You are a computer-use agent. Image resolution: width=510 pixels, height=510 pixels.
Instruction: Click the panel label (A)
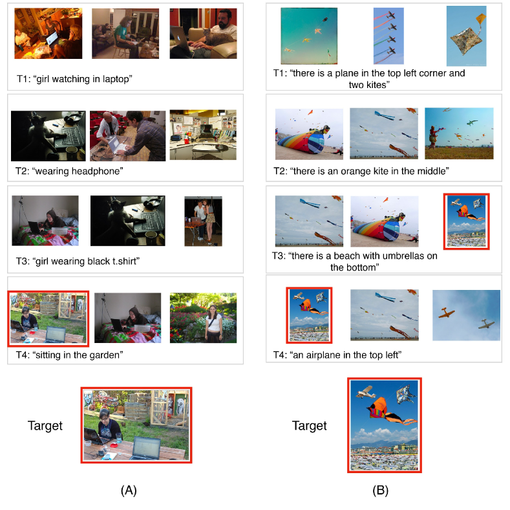[x=129, y=490]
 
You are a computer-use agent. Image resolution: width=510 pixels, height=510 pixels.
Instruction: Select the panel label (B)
[x=380, y=490]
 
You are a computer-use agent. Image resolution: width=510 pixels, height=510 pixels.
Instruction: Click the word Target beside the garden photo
[x=45, y=426]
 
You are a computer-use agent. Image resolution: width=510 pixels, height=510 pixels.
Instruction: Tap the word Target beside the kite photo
[x=310, y=426]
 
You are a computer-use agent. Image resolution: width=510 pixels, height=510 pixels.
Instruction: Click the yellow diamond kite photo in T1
[x=467, y=36]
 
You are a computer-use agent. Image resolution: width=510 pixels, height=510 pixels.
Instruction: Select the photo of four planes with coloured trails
[x=388, y=36]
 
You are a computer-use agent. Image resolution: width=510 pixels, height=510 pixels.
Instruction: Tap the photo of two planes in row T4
[x=466, y=315]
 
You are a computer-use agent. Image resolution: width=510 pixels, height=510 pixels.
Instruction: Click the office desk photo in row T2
[x=203, y=135]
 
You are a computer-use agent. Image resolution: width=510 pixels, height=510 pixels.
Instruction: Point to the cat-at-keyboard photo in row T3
[x=128, y=221]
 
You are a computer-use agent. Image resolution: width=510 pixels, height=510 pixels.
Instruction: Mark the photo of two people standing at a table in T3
[x=203, y=221]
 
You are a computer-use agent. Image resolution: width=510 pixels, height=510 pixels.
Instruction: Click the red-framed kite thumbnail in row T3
[x=467, y=221]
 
